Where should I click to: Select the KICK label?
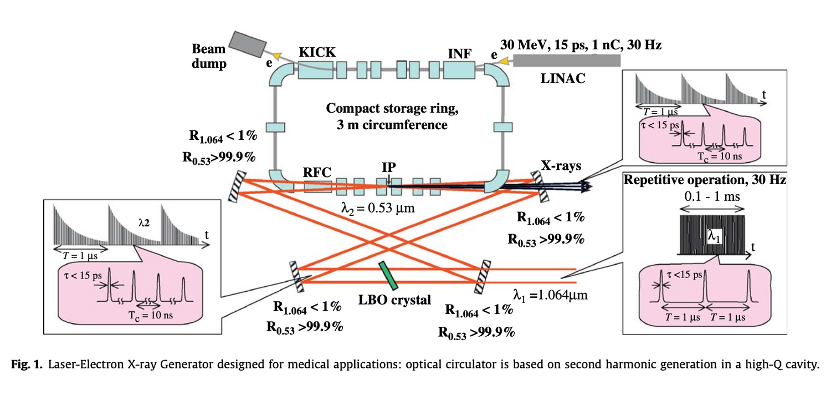(317, 52)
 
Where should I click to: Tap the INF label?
(459, 54)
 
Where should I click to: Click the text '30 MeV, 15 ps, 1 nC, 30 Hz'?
(580, 44)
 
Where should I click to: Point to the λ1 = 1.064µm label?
(550, 295)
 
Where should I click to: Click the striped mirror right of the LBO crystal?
(482, 275)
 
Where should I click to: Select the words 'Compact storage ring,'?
(392, 108)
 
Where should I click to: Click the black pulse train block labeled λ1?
(712, 233)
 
